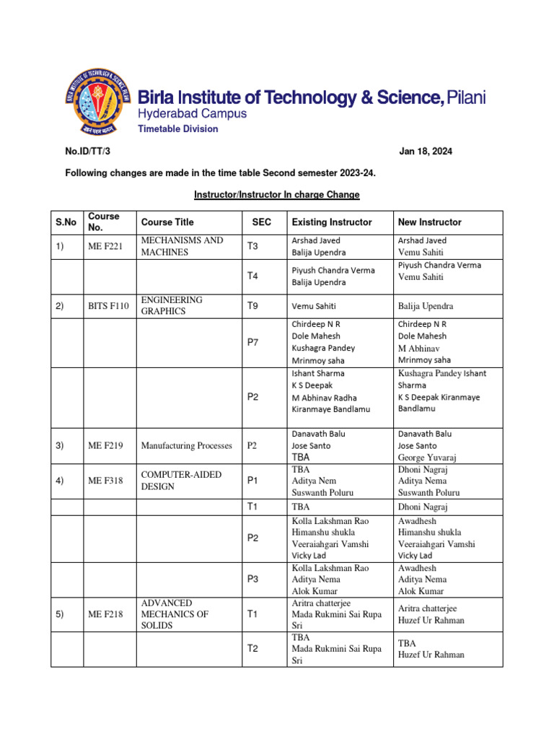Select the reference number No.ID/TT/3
pos(89,152)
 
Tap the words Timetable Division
pos(177,129)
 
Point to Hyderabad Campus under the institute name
pos(192,114)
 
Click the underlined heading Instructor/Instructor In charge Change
pos(277,195)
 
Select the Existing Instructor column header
pos(331,222)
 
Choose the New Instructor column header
pos(429,222)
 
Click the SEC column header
pos(261,222)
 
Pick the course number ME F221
pos(106,247)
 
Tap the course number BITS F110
pos(109,306)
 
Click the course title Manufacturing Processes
pos(187,446)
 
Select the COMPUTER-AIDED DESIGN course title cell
pos(181,481)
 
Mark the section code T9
pos(252,306)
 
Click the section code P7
pos(252,342)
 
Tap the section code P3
pos(252,580)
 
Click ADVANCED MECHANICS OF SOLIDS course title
pos(175,614)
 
